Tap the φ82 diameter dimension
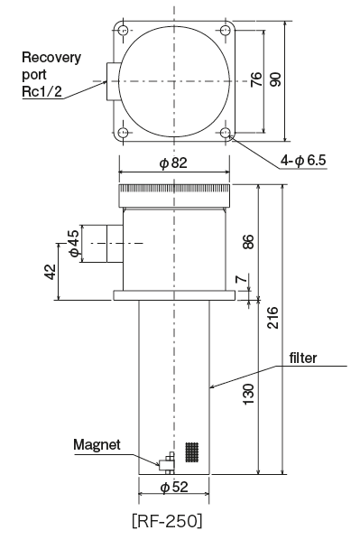[x=173, y=163]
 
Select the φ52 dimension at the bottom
[x=174, y=488]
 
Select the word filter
[x=302, y=357]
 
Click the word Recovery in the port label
[x=51, y=58]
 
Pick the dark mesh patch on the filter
[x=191, y=451]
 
